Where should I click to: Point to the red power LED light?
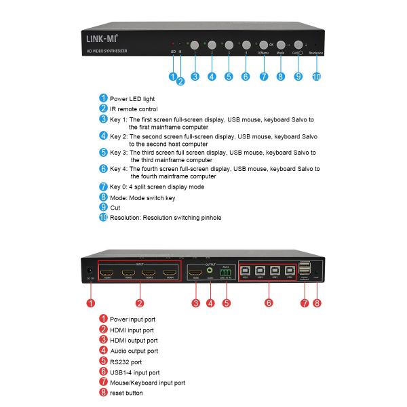coord(173,43)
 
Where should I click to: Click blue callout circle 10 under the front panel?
coord(316,77)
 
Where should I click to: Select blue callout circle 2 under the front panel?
coord(181,82)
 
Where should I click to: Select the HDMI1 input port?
coord(107,274)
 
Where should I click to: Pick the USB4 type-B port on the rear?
coord(290,271)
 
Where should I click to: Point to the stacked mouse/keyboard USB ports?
coord(305,269)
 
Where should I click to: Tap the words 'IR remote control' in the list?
coord(134,109)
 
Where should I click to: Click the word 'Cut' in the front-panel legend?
coord(115,207)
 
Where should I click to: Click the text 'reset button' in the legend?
coord(127,393)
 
